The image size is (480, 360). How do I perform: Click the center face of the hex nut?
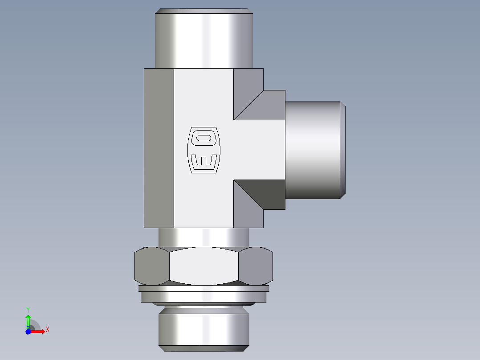click(204, 266)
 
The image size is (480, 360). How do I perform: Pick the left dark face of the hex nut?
click(151, 266)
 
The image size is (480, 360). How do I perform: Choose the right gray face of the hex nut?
click(255, 266)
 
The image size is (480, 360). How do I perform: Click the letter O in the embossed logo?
click(204, 137)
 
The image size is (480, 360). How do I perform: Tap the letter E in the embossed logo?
click(204, 161)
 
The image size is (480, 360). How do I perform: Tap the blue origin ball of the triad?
click(28, 331)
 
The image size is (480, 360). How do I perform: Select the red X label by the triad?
click(47, 330)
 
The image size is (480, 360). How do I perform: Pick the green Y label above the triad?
click(28, 309)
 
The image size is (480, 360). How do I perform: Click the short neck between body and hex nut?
click(204, 237)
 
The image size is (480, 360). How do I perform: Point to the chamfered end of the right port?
click(343, 150)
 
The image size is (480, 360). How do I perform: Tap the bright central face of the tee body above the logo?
click(203, 98)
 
